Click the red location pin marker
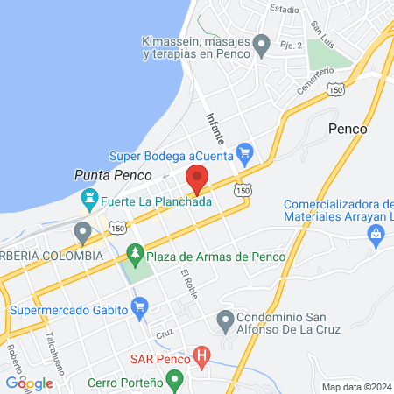click(x=197, y=178)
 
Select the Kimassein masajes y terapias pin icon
click(x=261, y=43)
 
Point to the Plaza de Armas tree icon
click(x=135, y=254)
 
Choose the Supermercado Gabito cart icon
click(x=138, y=307)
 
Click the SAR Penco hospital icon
click(x=202, y=357)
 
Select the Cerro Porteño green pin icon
click(x=175, y=382)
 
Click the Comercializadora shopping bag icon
click(x=376, y=233)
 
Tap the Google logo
click(x=29, y=383)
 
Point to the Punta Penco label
click(x=103, y=175)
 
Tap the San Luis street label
click(x=327, y=14)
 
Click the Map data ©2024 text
click(x=356, y=386)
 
